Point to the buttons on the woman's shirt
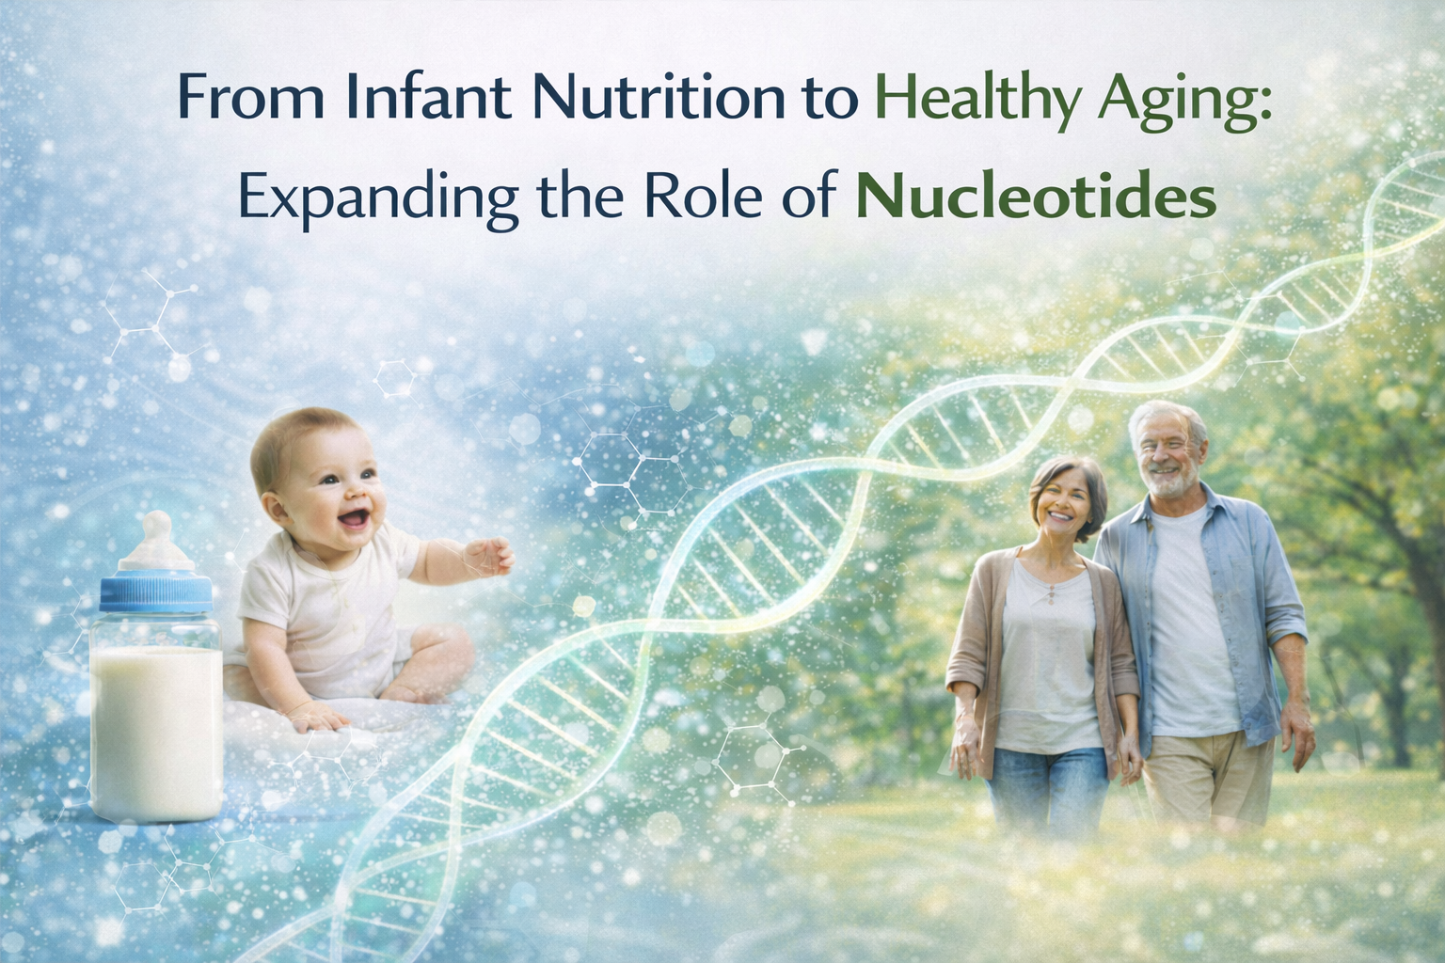point(1052,593)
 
